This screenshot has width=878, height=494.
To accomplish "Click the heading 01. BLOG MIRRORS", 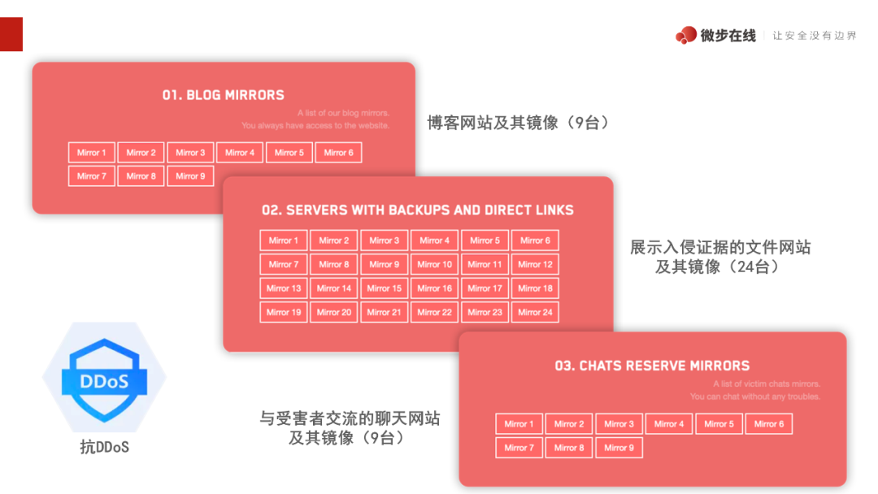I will point(223,95).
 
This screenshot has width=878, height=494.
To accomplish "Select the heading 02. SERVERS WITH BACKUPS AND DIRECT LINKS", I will point(418,210).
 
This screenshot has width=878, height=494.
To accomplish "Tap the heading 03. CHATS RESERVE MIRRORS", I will point(652,366).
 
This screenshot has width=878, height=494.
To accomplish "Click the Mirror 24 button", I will point(535,312).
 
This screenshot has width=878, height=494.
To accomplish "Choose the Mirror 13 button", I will point(284,288).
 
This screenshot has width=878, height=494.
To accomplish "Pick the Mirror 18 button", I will point(535,288).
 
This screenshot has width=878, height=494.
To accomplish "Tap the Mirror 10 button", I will point(434,264).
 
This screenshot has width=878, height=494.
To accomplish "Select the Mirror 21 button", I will point(384,312).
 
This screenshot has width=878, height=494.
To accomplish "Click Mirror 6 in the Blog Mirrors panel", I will point(338,153).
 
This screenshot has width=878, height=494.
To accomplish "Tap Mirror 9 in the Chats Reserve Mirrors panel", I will point(619,448).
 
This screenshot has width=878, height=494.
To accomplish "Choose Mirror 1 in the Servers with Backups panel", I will point(284,240).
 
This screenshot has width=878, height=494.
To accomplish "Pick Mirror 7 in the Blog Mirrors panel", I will point(92,176).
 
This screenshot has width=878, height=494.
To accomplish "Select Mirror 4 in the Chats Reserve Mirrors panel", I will point(669,424).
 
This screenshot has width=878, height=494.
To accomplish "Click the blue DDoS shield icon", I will point(104,378).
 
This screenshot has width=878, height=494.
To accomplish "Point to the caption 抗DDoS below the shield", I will point(104,447).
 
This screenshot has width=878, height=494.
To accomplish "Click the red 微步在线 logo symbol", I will point(685,36).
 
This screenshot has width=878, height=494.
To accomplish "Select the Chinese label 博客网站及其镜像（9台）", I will point(518,123).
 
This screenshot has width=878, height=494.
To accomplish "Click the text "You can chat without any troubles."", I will point(755,396).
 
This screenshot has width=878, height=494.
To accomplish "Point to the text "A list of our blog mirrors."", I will point(343,113).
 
